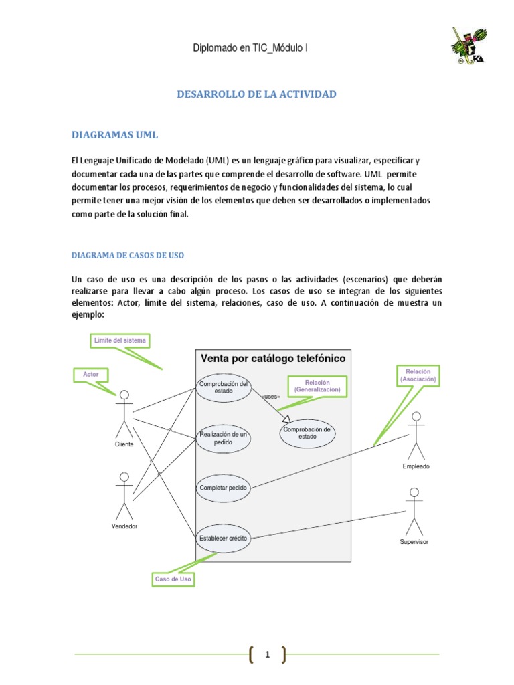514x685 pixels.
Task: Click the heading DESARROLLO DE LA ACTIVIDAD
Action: coord(256,94)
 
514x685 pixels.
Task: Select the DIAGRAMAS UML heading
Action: coord(114,135)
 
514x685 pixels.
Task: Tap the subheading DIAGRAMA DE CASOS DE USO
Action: coord(127,256)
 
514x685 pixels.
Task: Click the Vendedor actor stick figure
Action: coord(124,495)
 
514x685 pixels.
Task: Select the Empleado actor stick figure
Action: coord(416,435)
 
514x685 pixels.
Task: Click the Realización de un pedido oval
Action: coord(224,439)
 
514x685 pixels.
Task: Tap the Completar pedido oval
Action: coord(224,488)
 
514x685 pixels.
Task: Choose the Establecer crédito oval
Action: coord(224,538)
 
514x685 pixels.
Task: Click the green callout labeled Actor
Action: coord(90,375)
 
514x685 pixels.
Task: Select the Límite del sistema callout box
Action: coord(120,341)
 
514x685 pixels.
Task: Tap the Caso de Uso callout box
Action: coord(173,579)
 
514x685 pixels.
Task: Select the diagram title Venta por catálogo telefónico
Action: coord(273,359)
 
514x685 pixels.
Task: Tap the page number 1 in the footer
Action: coord(266,655)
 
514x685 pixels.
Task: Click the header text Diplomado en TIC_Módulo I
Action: coord(250,47)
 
